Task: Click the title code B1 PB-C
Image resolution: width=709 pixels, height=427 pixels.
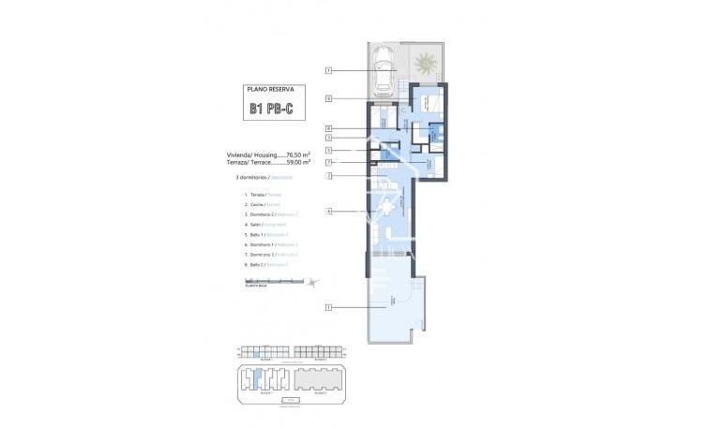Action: [270, 110]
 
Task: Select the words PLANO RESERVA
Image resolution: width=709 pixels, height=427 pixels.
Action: [270, 90]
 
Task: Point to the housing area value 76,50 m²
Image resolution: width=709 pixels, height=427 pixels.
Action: [296, 154]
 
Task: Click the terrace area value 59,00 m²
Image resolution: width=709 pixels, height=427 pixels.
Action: [296, 161]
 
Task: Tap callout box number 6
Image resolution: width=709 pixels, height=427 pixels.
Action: [329, 98]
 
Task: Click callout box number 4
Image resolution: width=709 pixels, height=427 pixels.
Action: [329, 212]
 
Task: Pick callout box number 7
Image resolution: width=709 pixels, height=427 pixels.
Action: [329, 162]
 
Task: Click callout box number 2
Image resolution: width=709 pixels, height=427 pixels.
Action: [329, 175]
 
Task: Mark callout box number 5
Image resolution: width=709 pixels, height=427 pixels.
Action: [329, 150]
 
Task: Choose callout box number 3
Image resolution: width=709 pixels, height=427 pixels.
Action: [329, 139]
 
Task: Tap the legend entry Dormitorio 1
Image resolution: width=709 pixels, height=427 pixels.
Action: [270, 244]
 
